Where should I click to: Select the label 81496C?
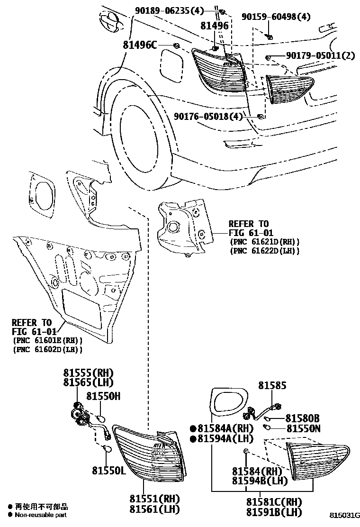coord(140,45)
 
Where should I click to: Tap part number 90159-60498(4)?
coord(276,17)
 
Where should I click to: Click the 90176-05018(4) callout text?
coord(208,116)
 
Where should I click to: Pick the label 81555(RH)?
coord(89,373)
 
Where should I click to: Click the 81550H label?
coord(103,396)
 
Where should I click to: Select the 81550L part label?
coord(108,470)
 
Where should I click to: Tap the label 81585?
coord(272,386)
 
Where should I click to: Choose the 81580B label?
coord(302,418)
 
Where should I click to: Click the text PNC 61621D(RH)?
coord(264,241)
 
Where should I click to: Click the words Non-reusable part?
coord(41,515)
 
